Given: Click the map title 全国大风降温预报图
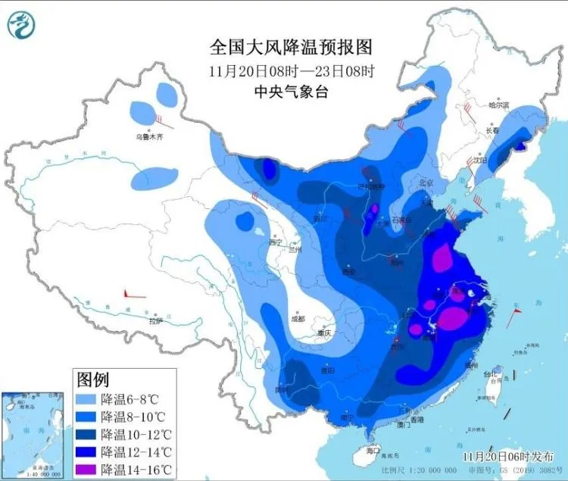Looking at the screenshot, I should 292,47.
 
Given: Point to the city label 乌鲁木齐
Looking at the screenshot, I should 149,137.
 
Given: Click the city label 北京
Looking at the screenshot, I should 426,183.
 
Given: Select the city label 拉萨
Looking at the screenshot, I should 155,321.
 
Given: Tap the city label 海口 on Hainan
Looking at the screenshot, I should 371,451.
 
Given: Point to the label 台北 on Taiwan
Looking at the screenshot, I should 493,374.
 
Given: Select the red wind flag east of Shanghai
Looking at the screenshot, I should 515,318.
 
